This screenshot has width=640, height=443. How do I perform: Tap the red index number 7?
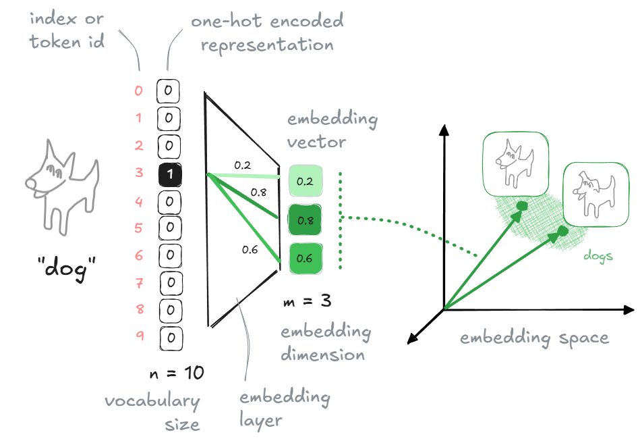pos(139,282)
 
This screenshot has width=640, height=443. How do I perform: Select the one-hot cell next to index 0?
pos(169,90)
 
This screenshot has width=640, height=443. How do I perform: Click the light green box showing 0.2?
pos(305,181)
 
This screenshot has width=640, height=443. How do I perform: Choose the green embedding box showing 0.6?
pos(305,258)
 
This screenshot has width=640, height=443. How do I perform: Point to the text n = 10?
pos(175,372)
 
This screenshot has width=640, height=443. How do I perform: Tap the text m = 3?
pos(307,301)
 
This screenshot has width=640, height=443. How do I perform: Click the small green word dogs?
pos(599,257)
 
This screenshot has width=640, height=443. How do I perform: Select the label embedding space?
pos(534,338)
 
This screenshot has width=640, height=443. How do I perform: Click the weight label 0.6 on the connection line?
pos(250,249)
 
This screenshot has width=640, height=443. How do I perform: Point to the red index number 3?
pos(139,174)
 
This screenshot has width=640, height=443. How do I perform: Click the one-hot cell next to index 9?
pos(171,337)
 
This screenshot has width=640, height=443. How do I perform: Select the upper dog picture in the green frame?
pos(515,165)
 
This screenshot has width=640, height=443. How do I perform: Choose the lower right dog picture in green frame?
pos(595,194)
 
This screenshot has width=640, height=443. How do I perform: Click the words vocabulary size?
pos(152,413)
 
